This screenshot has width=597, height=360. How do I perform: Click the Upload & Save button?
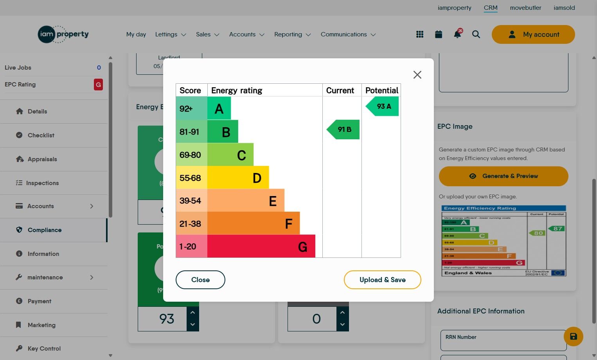(382, 280)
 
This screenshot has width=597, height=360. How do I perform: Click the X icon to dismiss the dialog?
(417, 75)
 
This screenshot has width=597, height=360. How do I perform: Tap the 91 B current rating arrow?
(344, 130)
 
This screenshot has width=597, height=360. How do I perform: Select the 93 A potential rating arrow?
(383, 106)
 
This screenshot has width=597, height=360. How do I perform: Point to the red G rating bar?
(261, 247)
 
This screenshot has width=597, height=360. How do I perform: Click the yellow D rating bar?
(238, 178)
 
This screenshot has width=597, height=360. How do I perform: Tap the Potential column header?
(381, 90)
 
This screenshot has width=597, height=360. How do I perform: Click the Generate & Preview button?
(503, 176)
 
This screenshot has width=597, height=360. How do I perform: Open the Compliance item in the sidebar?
(44, 230)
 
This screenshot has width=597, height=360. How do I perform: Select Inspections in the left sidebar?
(42, 183)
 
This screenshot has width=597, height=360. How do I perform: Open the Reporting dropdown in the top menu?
(292, 34)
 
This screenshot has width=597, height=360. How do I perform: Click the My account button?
(533, 34)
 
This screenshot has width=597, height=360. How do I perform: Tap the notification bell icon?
(457, 34)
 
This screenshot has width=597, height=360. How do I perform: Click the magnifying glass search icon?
(476, 34)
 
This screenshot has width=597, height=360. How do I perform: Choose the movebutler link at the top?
(525, 8)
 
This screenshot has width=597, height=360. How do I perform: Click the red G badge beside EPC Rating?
(98, 85)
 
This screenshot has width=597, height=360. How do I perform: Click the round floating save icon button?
(573, 337)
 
